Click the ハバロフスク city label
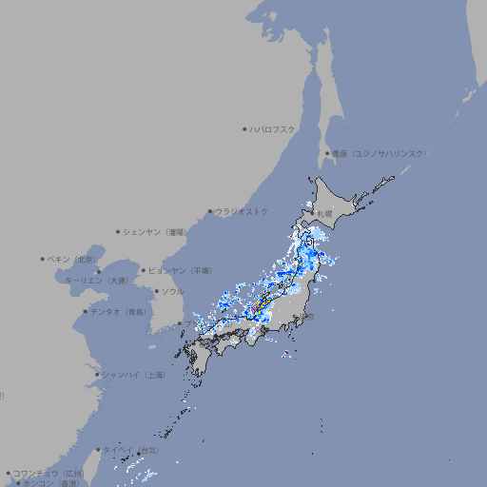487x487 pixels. pyautogui.click(x=273, y=128)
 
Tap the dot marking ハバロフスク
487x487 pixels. pyautogui.click(x=244, y=128)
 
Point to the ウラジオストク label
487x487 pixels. pyautogui.click(x=242, y=211)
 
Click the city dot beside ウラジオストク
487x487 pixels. pyautogui.click(x=210, y=212)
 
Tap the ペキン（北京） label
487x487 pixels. pyautogui.click(x=72, y=259)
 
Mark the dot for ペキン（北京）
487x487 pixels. pyautogui.click(x=43, y=259)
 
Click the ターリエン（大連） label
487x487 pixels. pyautogui.click(x=96, y=281)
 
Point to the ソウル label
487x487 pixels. pyautogui.click(x=171, y=292)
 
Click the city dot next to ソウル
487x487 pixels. pyautogui.click(x=155, y=293)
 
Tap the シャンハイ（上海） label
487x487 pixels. pyautogui.click(x=132, y=375)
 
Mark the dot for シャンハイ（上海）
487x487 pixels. pyautogui.click(x=96, y=375)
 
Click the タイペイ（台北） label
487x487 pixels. pyautogui.click(x=132, y=450)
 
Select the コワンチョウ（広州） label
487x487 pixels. pyautogui.click(x=48, y=473)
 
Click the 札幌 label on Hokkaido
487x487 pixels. pyautogui.click(x=325, y=213)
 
